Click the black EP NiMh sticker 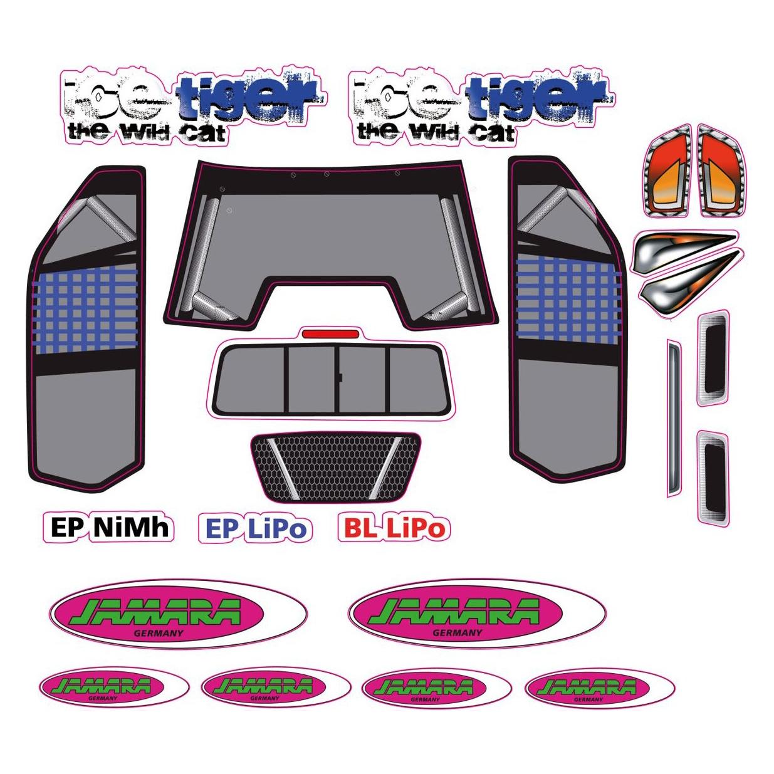108,527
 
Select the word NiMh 131,527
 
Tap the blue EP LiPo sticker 256,528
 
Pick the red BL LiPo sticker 394,527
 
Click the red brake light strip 330,334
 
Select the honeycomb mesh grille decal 336,467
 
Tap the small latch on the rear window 340,377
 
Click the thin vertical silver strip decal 674,418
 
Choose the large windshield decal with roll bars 330,245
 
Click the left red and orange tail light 667,171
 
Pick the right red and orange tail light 721,171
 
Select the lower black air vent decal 713,479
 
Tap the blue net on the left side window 85,310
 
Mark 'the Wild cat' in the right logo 436,132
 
